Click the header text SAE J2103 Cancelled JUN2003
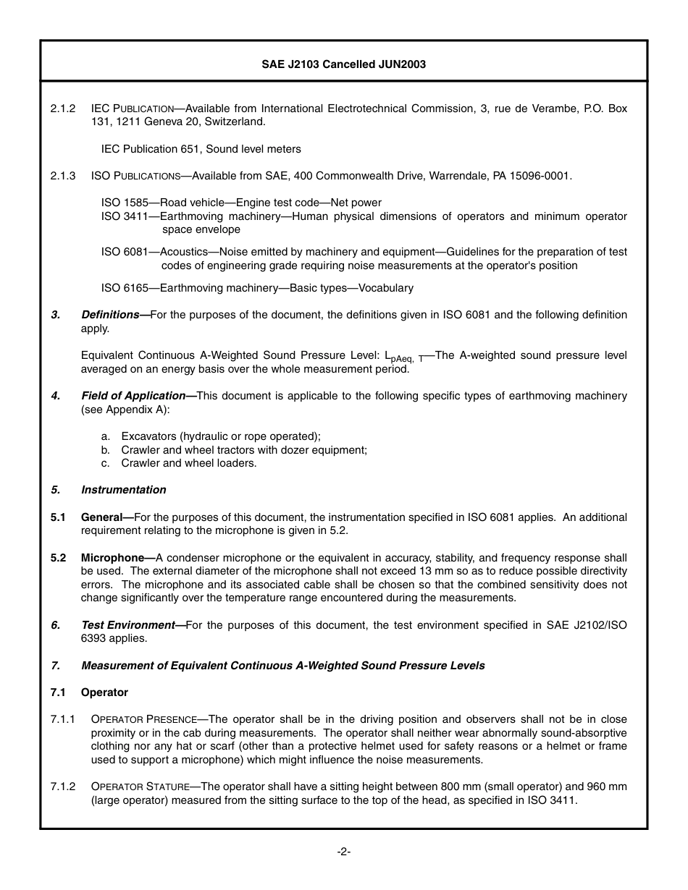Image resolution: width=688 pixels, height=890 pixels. pyautogui.click(x=343, y=64)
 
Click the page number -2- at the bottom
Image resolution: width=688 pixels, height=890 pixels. pyautogui.click(x=344, y=852)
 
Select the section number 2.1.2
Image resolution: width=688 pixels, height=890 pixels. pyautogui.click(x=63, y=109)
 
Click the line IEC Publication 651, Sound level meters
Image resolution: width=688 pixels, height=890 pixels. pyautogui.click(x=201, y=149)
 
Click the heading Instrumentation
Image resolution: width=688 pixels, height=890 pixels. pyautogui.click(x=123, y=490)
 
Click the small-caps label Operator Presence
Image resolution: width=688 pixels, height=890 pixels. pyautogui.click(x=143, y=719)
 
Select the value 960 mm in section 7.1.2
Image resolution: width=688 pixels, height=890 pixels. pyautogui.click(x=607, y=787)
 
